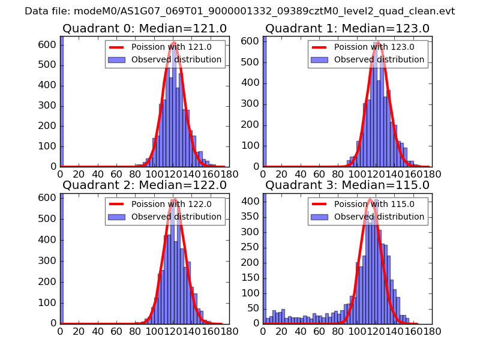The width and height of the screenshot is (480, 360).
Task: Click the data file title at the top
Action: pos(240,11)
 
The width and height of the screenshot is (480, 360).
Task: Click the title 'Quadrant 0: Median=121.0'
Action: pos(145,28)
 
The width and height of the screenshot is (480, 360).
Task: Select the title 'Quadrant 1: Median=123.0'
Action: pos(347,28)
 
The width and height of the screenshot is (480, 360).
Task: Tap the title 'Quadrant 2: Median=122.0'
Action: pos(145,185)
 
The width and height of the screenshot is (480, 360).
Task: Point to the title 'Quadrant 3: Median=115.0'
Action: pos(347,185)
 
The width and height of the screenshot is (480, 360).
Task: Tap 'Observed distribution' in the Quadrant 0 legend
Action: pos(176,60)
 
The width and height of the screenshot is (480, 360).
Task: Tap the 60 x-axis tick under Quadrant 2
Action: pos(115,331)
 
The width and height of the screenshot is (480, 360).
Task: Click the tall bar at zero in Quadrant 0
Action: pos(62,102)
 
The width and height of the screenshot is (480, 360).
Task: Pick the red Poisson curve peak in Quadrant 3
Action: pos(370,199)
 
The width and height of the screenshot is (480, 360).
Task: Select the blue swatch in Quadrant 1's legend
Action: pos(319,60)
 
